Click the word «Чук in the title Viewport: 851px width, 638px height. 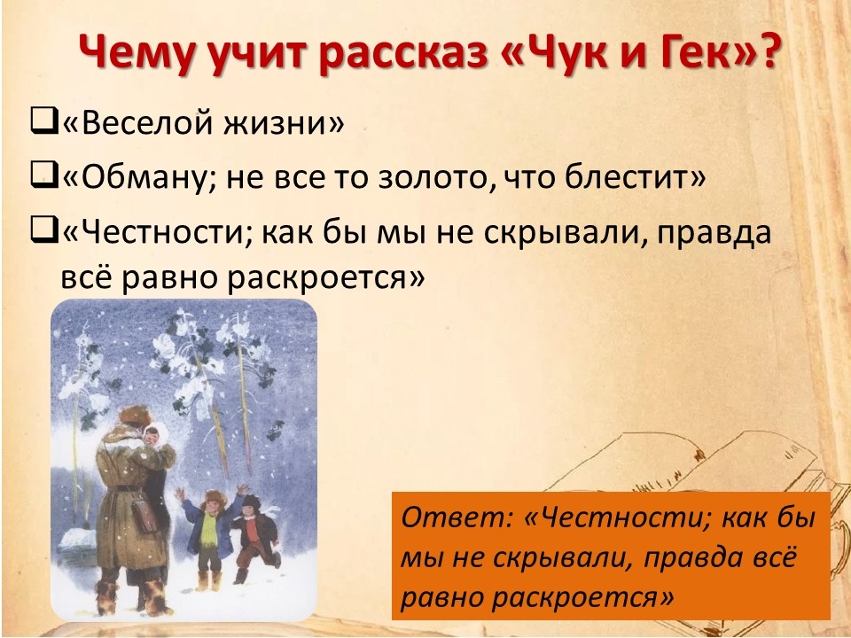(x=552, y=52)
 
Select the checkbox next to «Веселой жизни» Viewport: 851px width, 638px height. (x=44, y=121)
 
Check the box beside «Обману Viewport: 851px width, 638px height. (x=44, y=175)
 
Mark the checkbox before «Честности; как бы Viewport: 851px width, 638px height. (x=44, y=231)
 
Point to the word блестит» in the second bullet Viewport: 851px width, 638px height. (x=635, y=176)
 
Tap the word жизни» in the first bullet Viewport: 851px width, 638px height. (x=284, y=122)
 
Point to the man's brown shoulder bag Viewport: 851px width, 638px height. (x=144, y=515)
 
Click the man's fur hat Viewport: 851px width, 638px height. (x=136, y=415)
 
